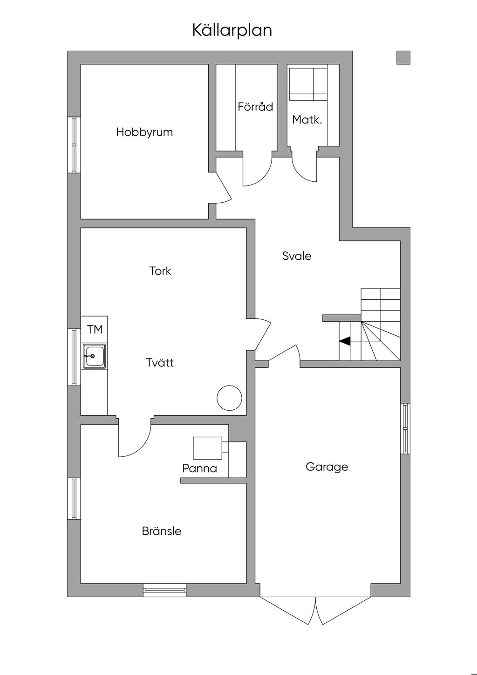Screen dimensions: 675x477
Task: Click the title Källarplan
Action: [232, 30]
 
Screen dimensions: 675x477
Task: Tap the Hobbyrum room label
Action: [144, 132]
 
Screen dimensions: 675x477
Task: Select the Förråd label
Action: [255, 107]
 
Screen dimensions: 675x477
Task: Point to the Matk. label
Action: [307, 120]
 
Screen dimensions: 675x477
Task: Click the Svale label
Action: [297, 256]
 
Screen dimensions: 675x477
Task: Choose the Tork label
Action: [160, 271]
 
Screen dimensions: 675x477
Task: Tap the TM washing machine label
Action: [95, 330]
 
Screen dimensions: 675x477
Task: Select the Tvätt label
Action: [160, 363]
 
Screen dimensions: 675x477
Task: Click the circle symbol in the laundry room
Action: [229, 398]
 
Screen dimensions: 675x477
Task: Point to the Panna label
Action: [199, 468]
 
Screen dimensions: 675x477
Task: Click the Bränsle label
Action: [162, 531]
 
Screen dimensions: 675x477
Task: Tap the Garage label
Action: [327, 467]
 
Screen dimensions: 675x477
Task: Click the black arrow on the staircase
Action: [345, 341]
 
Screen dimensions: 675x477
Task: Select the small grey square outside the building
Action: [403, 57]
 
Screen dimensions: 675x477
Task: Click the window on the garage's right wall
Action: [405, 428]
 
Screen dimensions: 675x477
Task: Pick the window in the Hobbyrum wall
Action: [74, 145]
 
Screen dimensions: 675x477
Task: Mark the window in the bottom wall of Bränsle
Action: [164, 590]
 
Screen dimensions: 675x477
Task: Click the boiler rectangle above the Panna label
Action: [207, 448]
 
